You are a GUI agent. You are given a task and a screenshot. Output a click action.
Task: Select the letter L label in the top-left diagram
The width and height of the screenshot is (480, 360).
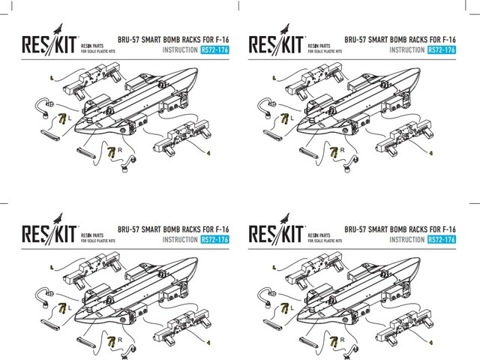click(x=70, y=118)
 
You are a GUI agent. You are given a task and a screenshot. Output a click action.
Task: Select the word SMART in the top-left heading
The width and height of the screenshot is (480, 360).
click(x=151, y=37)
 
